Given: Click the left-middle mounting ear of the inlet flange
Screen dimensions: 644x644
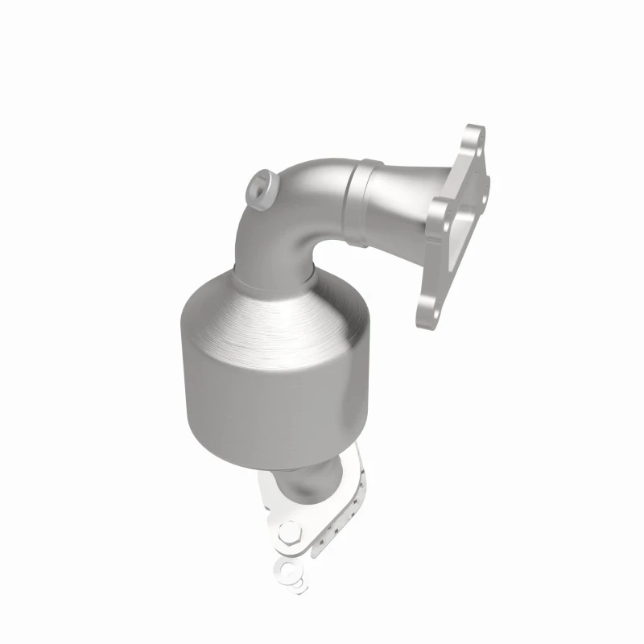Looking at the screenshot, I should [x=440, y=212].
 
